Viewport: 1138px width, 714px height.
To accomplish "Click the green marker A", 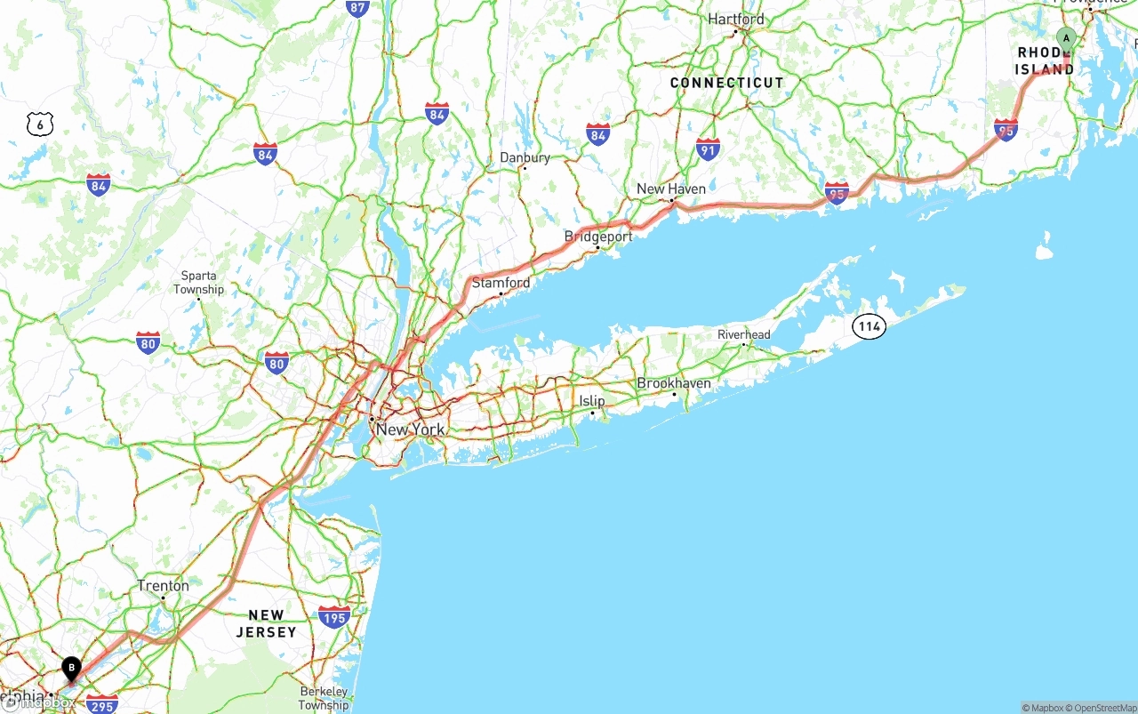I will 1066,38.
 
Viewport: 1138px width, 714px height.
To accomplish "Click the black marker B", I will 72,668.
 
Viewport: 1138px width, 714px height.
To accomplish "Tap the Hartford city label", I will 736,19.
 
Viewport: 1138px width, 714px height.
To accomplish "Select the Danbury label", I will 525,157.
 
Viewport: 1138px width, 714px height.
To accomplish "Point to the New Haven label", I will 671,189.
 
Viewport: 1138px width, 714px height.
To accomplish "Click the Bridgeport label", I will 598,237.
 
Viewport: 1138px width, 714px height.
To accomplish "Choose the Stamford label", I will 501,283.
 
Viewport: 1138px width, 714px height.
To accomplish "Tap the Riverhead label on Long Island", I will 744,334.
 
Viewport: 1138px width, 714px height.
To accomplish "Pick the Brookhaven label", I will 674,383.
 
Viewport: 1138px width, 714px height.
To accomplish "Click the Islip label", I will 592,401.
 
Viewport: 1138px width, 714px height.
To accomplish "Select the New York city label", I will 410,429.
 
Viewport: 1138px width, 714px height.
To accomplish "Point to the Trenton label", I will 163,586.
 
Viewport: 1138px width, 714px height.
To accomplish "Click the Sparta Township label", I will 198,283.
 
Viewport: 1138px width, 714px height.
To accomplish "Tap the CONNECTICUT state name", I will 727,83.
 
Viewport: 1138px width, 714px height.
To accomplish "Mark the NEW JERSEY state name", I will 266,623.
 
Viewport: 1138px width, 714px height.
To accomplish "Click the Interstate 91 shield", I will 708,148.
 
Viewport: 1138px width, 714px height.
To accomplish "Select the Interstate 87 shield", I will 357,8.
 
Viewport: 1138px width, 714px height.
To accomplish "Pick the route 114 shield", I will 869,326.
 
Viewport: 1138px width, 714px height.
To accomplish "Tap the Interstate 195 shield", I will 333,617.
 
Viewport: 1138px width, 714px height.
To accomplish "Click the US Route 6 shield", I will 40,124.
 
